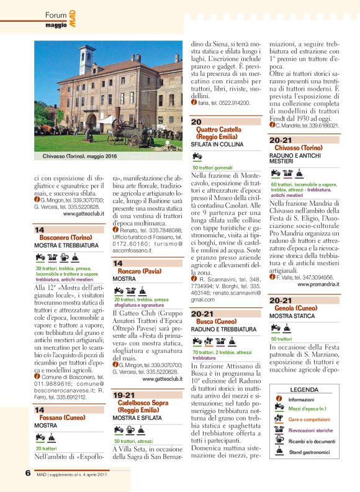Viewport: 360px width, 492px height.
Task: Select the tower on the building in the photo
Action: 86,60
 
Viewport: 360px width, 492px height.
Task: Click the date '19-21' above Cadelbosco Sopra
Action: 124,394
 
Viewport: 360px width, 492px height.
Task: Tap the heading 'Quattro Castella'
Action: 218,129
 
